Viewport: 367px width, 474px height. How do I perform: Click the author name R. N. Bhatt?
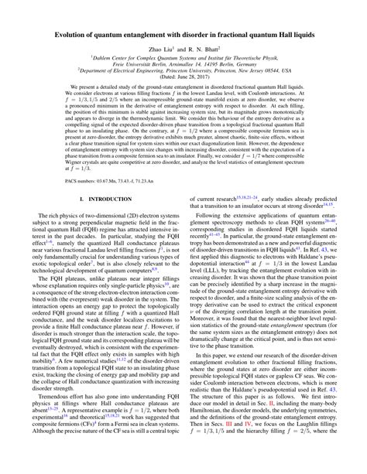pos(201,48)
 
